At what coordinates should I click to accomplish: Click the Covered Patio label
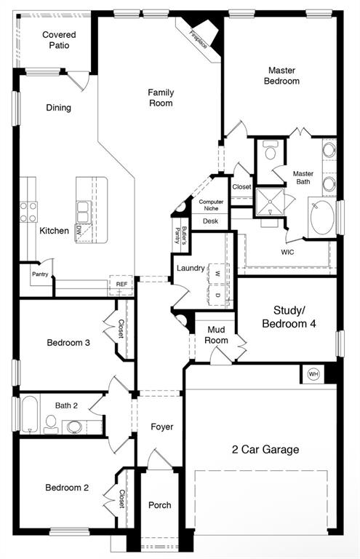59,40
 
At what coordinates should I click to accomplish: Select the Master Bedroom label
281,76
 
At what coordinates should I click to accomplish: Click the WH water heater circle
313,374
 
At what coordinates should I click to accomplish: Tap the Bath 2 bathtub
27,414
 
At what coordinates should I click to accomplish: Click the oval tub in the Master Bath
322,218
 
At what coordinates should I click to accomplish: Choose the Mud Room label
217,335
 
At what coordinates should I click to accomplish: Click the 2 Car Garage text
264,450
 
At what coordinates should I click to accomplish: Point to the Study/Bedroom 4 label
289,317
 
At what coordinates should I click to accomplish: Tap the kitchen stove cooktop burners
28,212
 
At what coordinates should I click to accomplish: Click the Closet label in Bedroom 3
121,329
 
